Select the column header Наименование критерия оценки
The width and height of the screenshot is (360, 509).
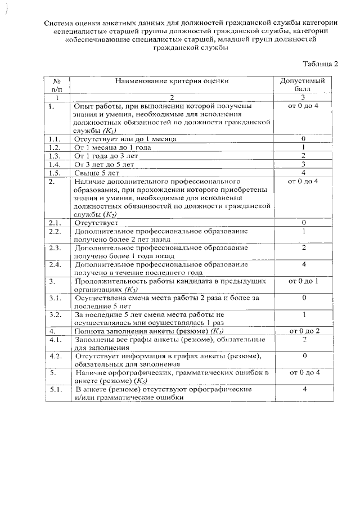172,81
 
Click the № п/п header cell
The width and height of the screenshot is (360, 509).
57,85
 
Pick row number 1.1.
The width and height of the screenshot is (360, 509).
55,138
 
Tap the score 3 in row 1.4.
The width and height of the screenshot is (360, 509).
303,164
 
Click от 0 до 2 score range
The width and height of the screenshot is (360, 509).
303,331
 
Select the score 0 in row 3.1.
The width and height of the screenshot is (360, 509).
303,298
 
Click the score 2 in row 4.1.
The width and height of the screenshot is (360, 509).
303,340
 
